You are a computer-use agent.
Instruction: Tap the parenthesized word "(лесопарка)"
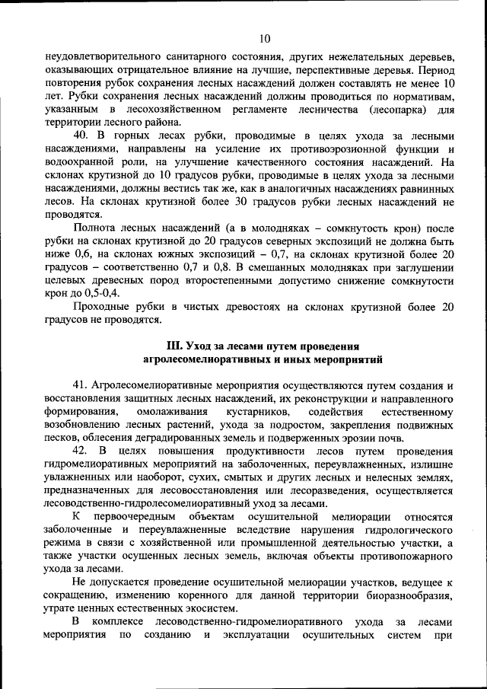pos(396,109)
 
